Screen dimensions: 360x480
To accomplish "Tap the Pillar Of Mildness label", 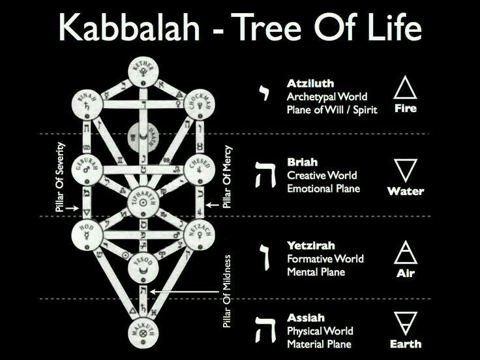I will pos(228,291).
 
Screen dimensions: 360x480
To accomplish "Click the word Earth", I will pos(406,344).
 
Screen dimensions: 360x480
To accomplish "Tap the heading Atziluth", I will pos(310,83).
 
